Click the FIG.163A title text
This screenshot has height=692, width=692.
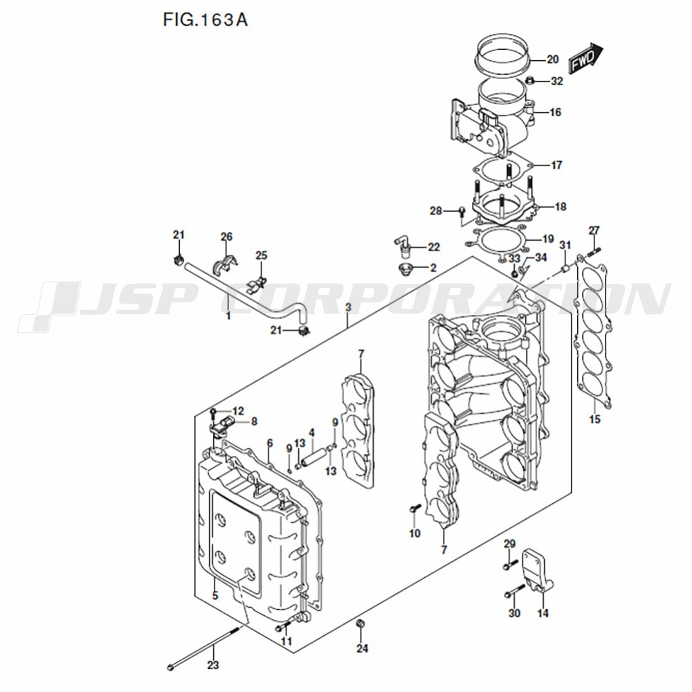click(205, 19)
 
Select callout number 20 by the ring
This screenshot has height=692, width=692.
click(552, 60)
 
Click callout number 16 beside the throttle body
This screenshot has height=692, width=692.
click(555, 112)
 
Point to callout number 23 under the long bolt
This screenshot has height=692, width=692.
click(213, 666)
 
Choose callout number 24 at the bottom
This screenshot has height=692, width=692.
click(363, 648)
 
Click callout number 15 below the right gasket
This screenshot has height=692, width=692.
click(595, 419)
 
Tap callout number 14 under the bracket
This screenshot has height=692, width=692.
click(543, 613)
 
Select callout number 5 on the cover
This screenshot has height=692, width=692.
click(215, 596)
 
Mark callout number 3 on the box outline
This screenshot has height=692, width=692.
click(348, 307)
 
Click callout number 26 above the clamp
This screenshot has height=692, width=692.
click(226, 237)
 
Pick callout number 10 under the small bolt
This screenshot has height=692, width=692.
click(415, 533)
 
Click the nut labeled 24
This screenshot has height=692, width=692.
click(360, 626)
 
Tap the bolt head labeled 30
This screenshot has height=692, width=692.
click(510, 593)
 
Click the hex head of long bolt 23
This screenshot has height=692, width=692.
click(171, 668)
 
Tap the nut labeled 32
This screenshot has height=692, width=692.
click(530, 82)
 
